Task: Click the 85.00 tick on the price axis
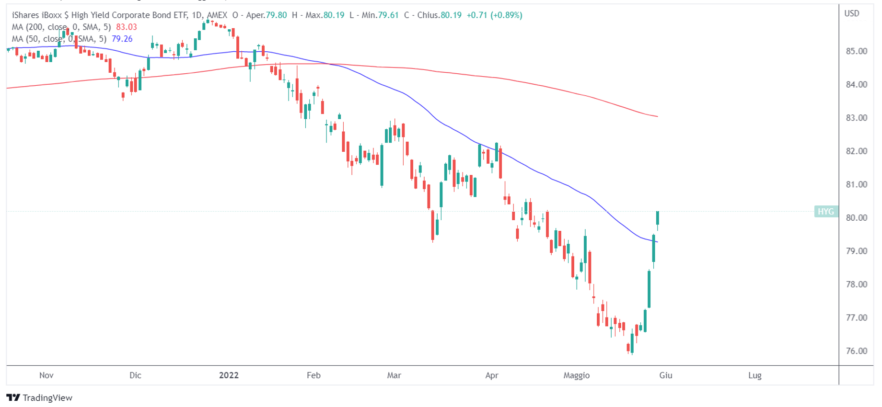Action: tap(856, 51)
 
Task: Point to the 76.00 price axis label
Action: tap(856, 351)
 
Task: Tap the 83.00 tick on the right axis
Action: tap(856, 118)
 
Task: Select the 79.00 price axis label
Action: tap(856, 251)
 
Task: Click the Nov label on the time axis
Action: tap(46, 375)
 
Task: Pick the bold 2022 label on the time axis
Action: tap(229, 375)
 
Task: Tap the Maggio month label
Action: tap(576, 375)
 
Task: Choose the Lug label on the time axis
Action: tap(754, 375)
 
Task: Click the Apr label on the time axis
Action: tap(491, 375)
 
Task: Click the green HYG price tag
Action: tap(825, 212)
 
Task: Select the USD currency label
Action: tap(851, 13)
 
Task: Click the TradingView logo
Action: tap(39, 397)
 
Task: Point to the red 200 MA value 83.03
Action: tap(127, 27)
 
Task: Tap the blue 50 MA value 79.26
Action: tap(122, 39)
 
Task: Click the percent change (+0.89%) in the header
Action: tap(506, 15)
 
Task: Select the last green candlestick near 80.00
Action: tap(658, 218)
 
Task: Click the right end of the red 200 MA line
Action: tap(657, 116)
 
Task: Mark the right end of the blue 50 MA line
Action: tap(657, 242)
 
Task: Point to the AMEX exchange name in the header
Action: tap(217, 15)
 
